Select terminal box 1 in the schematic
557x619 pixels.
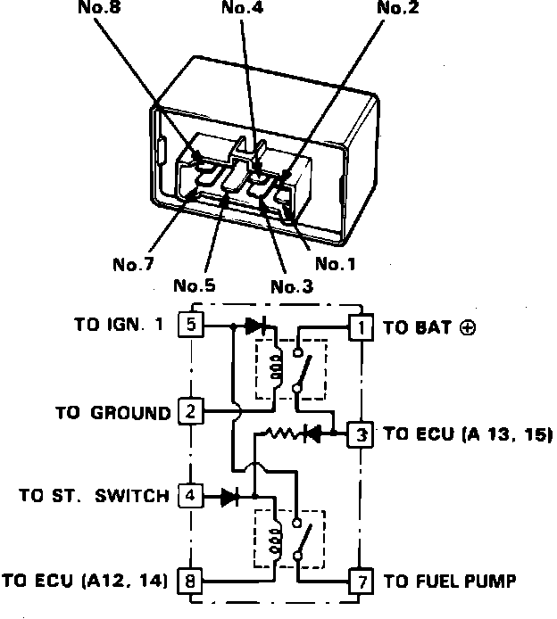360,327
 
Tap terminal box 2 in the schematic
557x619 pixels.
192,412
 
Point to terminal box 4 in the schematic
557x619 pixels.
192,495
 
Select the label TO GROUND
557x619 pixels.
112,413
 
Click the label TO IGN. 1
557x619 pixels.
120,326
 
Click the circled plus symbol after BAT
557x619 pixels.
468,327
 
